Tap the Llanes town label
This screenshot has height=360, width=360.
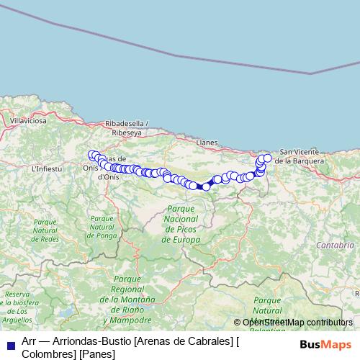click(207, 143)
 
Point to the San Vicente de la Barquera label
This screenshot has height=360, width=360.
click(306, 156)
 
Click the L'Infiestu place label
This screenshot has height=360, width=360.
click(48, 168)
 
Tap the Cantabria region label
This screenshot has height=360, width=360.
click(334, 245)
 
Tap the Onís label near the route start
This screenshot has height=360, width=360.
click(90, 167)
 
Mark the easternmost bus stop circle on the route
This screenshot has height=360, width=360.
click(267, 158)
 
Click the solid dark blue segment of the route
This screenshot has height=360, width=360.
click(199, 186)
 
